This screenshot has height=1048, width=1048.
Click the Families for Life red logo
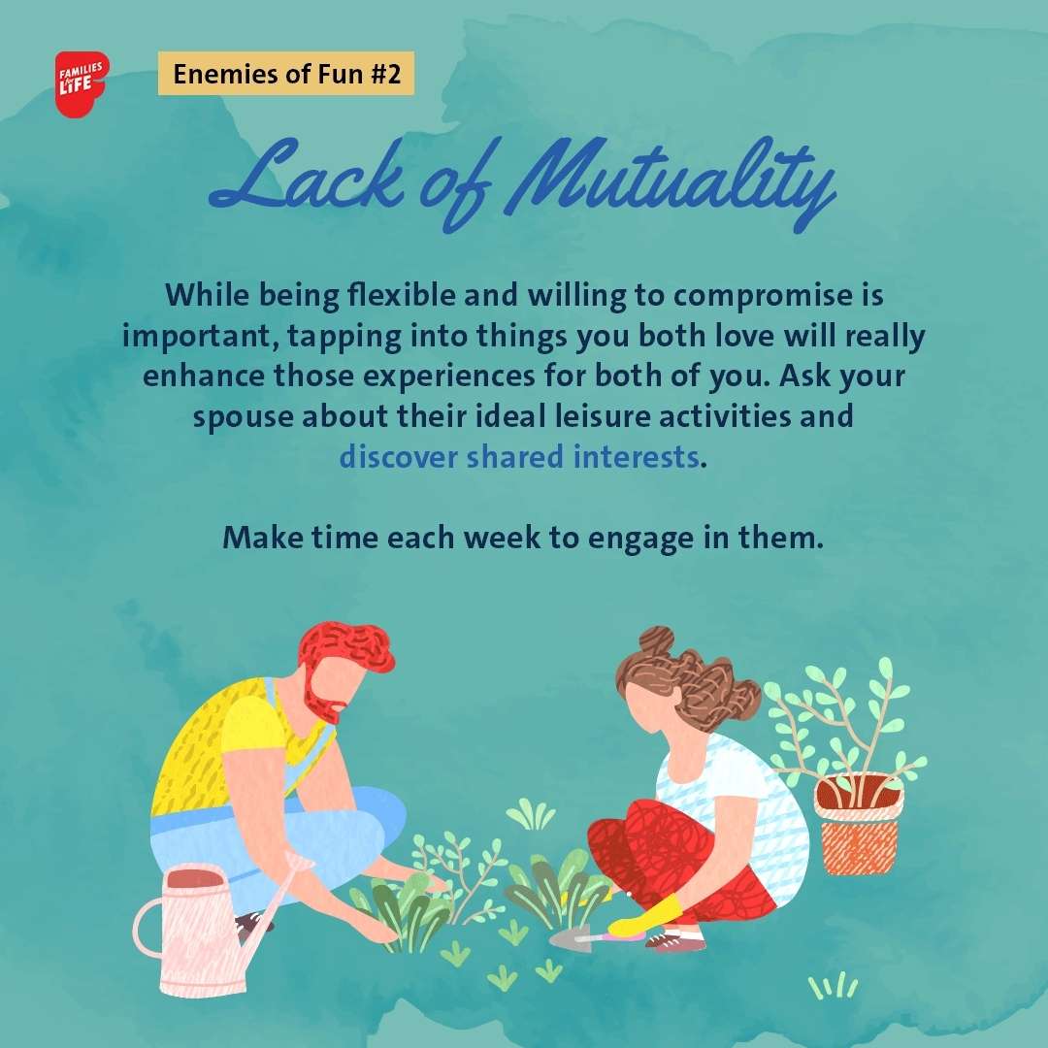point(82,84)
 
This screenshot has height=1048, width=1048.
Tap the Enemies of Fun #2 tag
point(286,74)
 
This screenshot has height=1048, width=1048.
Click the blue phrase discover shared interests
point(518,456)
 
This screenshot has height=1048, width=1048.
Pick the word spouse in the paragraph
point(243,416)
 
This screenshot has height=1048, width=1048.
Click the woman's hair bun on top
point(657,639)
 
